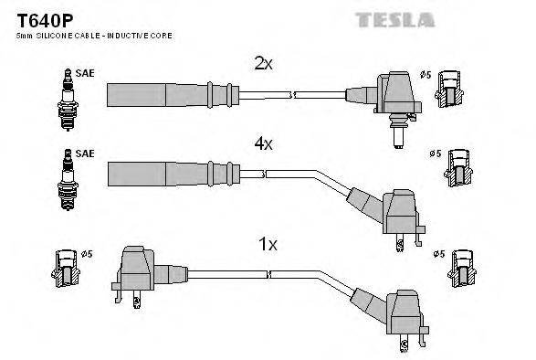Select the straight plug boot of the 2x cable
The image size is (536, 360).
click(164, 94)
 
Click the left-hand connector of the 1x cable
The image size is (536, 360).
click(137, 269)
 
